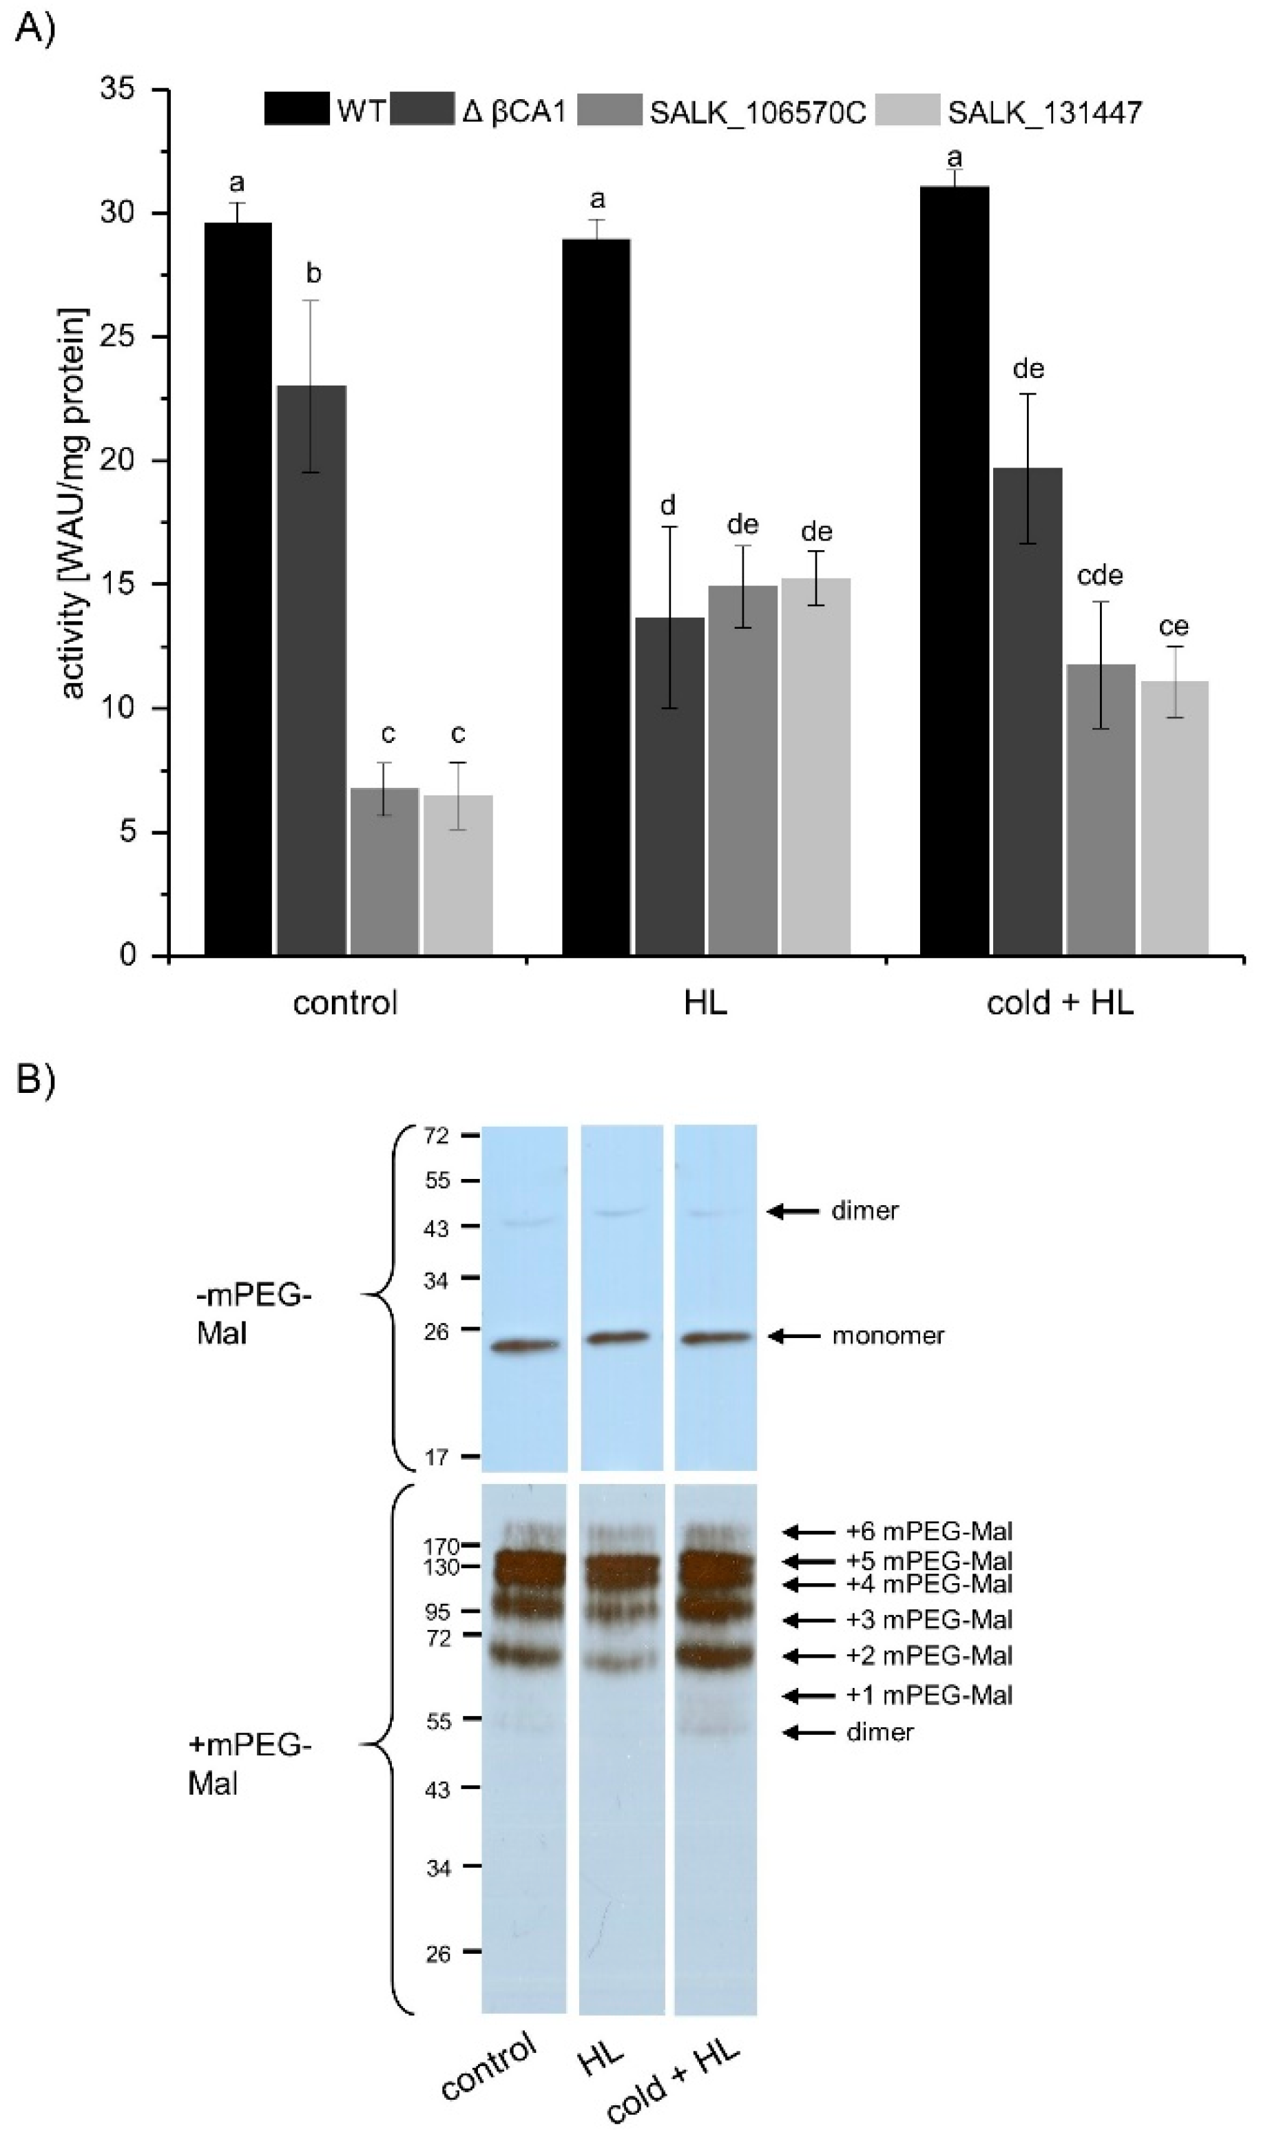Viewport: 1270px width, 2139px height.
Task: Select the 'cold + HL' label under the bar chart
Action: click(1059, 1002)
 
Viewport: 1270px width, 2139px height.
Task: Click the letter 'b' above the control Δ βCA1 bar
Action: click(313, 274)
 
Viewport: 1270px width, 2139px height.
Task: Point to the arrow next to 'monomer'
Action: click(793, 1335)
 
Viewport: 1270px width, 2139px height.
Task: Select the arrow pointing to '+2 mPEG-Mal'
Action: click(809, 1656)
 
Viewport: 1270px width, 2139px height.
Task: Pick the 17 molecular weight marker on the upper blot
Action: click(437, 1457)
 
